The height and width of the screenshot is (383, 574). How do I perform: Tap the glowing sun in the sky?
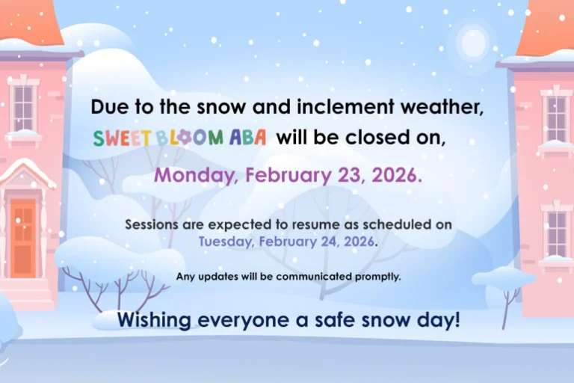[473, 42]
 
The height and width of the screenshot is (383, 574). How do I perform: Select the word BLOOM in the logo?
[185, 138]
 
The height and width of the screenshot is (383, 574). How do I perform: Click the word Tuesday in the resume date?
[225, 242]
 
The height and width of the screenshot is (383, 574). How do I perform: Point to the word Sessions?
[154, 224]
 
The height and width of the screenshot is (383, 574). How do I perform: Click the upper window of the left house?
[23, 107]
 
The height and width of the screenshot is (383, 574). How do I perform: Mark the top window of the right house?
[557, 117]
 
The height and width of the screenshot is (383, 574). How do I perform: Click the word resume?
[333, 224]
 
